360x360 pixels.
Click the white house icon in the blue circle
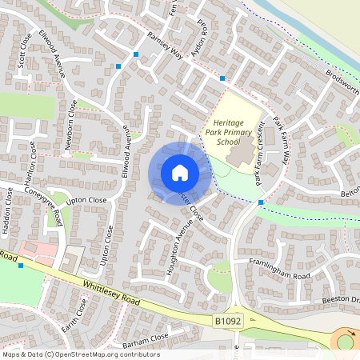[179, 172]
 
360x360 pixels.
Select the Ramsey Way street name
[165, 45]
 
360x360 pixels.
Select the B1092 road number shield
[228, 319]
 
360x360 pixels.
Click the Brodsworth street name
[342, 81]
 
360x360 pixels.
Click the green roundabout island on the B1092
[346, 342]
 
